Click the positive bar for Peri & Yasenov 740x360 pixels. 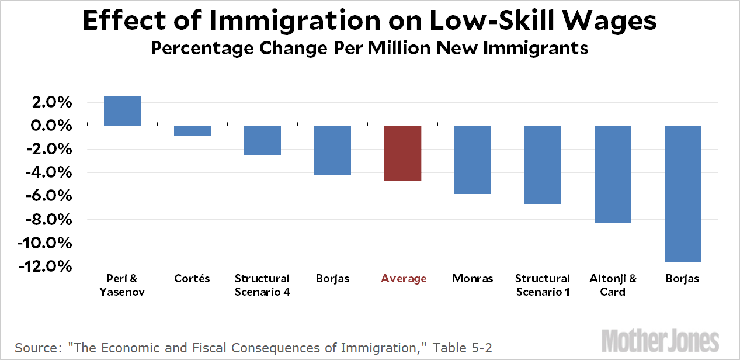122,111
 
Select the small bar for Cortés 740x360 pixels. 192,131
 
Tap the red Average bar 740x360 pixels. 402,153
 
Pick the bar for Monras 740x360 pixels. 473,160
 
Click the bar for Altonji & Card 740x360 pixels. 613,174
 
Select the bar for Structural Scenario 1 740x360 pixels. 543,165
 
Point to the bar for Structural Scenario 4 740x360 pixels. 262,140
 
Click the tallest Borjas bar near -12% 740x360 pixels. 683,194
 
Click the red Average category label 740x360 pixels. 404,279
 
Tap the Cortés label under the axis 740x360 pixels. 192,279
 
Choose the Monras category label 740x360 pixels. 473,279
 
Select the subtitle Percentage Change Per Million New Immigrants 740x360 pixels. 369,48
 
